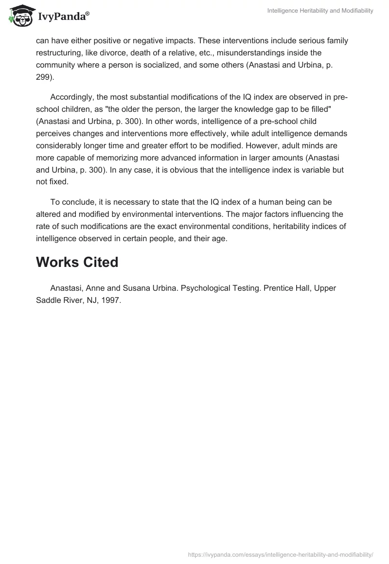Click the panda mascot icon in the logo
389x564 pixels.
tap(19, 16)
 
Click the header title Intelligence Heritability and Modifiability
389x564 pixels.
tap(320, 11)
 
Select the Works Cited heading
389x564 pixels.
tap(77, 262)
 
